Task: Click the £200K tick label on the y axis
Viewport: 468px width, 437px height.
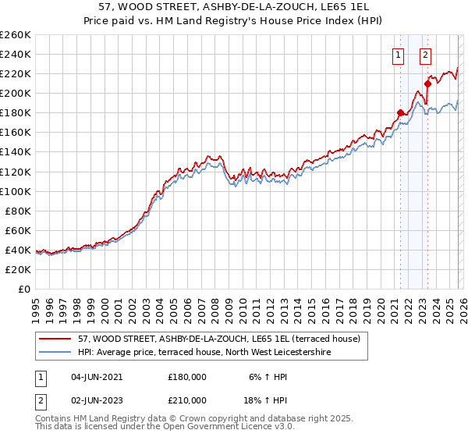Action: (x=15, y=93)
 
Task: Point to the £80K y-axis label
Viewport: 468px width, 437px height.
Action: (x=17, y=211)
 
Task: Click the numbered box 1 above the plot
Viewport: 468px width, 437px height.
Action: (x=398, y=55)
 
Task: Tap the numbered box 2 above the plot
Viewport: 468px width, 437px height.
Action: (x=425, y=55)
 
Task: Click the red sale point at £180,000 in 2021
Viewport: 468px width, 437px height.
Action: (x=401, y=112)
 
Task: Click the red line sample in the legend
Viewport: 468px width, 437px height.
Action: (x=55, y=339)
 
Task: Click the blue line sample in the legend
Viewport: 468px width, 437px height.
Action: (x=55, y=353)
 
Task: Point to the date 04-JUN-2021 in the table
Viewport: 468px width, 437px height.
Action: (x=97, y=377)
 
